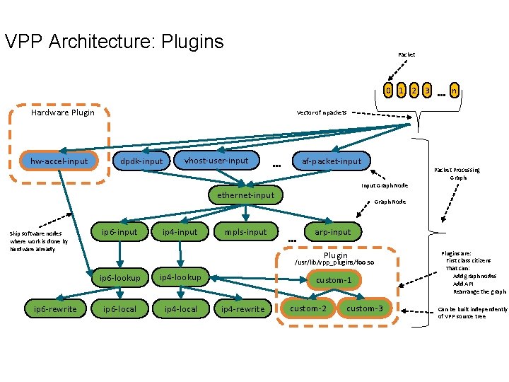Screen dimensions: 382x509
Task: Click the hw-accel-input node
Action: click(x=59, y=161)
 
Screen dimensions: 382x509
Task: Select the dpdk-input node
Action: click(x=141, y=161)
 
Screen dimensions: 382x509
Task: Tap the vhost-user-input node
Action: click(x=216, y=161)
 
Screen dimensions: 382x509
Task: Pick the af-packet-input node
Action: click(x=332, y=161)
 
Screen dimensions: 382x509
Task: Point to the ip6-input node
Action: click(x=119, y=231)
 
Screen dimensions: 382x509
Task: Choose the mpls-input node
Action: click(x=245, y=231)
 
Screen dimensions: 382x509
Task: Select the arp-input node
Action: click(x=332, y=231)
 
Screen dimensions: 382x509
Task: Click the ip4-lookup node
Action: click(x=180, y=277)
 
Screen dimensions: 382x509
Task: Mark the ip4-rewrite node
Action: click(x=242, y=308)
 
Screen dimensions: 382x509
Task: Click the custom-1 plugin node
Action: click(x=334, y=280)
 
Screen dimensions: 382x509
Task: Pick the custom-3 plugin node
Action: click(x=365, y=308)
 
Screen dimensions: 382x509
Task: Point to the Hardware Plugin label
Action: click(x=63, y=112)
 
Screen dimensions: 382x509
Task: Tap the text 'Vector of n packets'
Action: click(x=322, y=112)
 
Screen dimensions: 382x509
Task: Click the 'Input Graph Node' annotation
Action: click(x=385, y=185)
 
